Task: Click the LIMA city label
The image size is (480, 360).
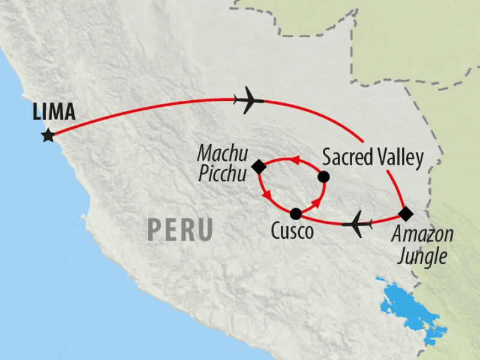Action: [x=54, y=112]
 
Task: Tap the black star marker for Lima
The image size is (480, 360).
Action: [x=48, y=136]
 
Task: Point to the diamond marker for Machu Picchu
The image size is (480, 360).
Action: [x=259, y=166]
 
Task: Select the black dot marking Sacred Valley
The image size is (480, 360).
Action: [x=323, y=176]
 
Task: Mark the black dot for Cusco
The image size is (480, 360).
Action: [x=295, y=214]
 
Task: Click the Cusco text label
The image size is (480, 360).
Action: [x=292, y=232]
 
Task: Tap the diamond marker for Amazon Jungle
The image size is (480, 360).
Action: [x=406, y=213]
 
